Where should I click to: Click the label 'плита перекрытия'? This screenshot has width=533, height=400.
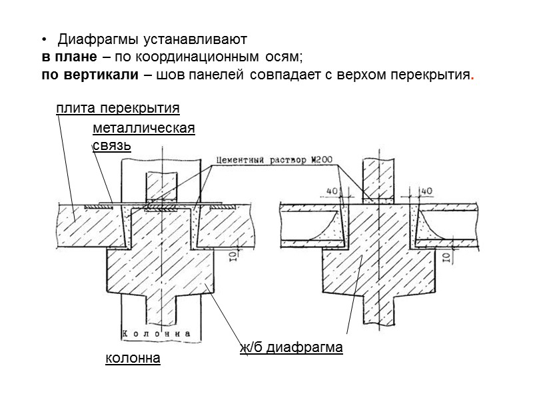pyautogui.click(x=119, y=108)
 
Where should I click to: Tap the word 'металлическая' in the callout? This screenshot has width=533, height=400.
pyautogui.click(x=144, y=128)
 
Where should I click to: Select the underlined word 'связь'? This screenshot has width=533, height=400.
pyautogui.click(x=111, y=145)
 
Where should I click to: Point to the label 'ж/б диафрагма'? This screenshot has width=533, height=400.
pyautogui.click(x=291, y=347)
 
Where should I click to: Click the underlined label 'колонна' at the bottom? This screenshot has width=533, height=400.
pyautogui.click(x=133, y=359)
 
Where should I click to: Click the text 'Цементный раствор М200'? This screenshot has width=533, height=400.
pyautogui.click(x=274, y=161)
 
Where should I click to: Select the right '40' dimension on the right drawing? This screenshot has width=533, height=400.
pyautogui.click(x=427, y=191)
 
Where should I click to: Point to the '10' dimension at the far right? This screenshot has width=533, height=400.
pyautogui.click(x=447, y=257)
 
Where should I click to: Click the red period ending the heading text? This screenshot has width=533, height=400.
pyautogui.click(x=472, y=75)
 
